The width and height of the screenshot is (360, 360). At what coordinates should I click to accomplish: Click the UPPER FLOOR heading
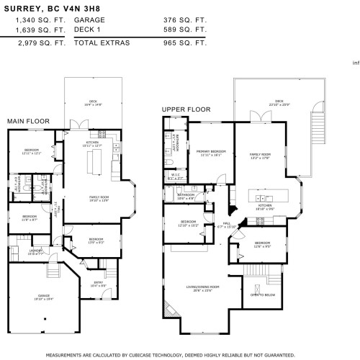[186, 109]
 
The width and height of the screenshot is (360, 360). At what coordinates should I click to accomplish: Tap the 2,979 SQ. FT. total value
[40, 43]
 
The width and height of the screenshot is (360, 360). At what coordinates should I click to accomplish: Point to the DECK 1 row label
[87, 30]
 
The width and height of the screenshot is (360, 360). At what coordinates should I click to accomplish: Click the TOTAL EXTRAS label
[102, 43]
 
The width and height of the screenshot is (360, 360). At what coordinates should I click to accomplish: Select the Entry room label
[99, 284]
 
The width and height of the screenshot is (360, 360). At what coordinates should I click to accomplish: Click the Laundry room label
[16, 253]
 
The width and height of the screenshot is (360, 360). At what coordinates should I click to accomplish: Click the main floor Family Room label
[99, 198]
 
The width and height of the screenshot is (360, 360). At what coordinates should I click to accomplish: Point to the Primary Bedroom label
[211, 152]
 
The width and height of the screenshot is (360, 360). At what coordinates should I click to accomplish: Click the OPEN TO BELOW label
[261, 295]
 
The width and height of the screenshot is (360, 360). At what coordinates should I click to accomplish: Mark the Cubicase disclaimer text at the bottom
[180, 355]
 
